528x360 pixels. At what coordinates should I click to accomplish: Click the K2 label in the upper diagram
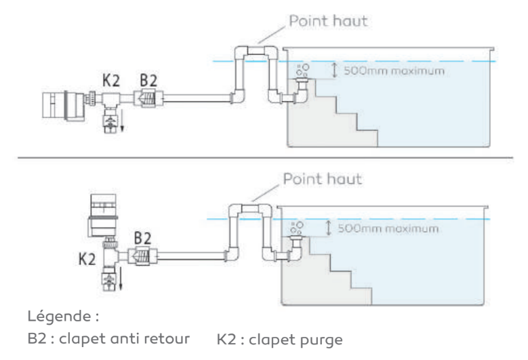111,81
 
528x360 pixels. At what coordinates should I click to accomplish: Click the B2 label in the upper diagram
148,81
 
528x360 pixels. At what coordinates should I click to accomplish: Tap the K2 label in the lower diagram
87,259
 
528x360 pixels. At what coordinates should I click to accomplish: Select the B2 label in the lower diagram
142,238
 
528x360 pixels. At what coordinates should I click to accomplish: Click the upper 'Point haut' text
328,21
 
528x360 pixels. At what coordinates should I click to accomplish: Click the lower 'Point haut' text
323,179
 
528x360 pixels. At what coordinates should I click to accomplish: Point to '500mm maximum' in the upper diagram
394,71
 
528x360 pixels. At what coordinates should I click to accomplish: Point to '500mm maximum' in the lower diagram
388,228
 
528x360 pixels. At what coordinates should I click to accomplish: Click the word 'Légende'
59,316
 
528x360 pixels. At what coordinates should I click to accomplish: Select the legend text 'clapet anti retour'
124,338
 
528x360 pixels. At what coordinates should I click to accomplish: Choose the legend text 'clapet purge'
296,340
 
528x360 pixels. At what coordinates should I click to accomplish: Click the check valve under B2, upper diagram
148,98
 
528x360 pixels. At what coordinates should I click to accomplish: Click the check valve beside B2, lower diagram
142,257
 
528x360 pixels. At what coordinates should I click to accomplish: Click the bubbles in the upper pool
302,70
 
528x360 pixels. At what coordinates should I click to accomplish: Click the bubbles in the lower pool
297,228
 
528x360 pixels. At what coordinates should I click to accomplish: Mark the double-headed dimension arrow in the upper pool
334,71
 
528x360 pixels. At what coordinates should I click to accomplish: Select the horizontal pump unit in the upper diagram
64,105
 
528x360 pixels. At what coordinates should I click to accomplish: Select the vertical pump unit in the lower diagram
103,215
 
